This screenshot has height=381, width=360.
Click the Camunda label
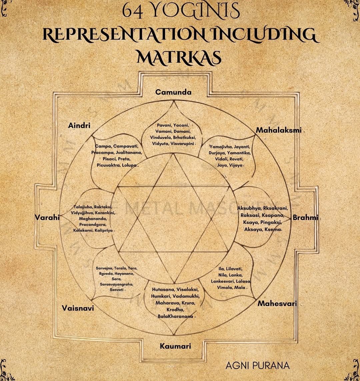[173, 92]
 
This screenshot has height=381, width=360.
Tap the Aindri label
[79, 125]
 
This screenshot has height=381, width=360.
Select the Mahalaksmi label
[279, 130]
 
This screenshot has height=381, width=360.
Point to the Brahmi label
[305, 218]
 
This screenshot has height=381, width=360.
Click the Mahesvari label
[277, 304]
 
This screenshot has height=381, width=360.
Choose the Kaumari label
[175, 346]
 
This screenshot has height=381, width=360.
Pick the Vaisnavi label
[78, 308]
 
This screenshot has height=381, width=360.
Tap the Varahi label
[47, 218]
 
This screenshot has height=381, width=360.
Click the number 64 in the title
[132, 11]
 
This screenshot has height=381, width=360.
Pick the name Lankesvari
[223, 281]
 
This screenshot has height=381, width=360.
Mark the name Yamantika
[239, 152]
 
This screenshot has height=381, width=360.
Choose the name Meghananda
[93, 219]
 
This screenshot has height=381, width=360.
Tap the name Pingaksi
[270, 222]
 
